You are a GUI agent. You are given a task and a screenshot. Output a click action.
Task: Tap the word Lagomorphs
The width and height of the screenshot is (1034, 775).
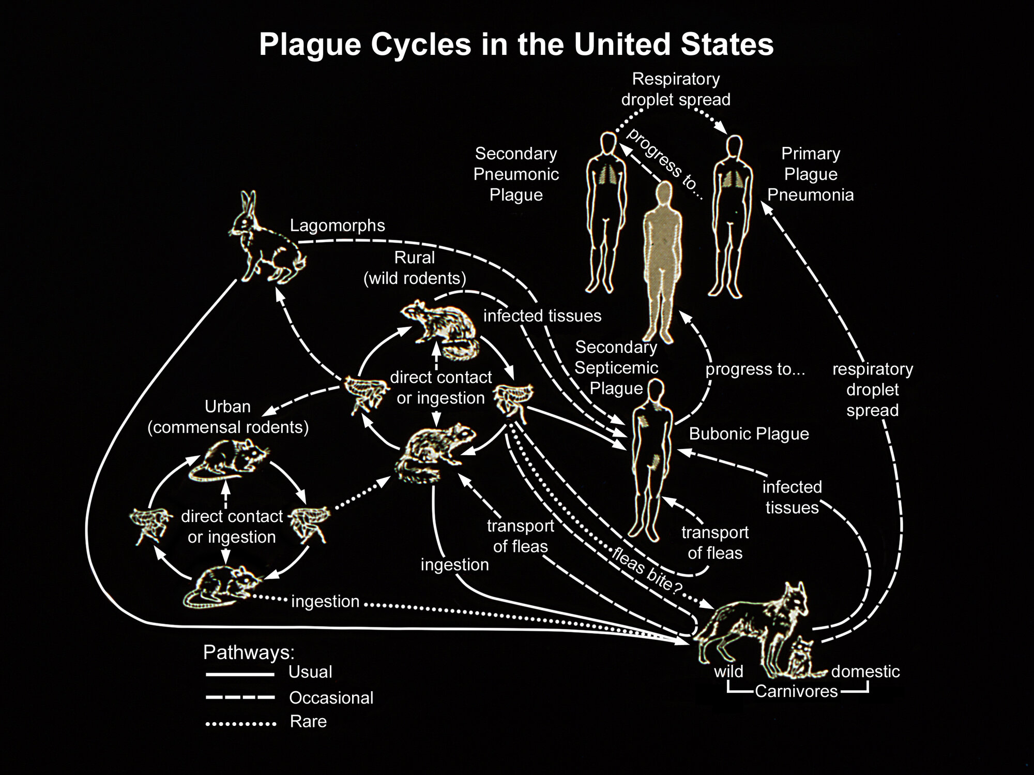pos(337,226)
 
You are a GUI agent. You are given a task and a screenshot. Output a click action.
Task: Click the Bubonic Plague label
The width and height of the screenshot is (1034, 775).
pos(749,434)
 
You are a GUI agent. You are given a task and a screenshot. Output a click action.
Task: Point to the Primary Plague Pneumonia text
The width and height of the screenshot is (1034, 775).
pos(810,174)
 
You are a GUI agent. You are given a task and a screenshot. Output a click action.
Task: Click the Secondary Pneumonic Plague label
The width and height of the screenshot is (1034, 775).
pos(516,174)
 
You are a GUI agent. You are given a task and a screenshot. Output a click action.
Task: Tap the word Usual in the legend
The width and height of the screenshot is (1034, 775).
pos(310,672)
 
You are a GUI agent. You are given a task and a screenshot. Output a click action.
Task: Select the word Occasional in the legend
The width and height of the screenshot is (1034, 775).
pos(331,698)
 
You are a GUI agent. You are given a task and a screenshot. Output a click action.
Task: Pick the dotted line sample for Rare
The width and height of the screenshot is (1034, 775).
pos(240,723)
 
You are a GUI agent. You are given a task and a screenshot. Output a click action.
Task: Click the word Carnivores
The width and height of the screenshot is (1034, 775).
pos(796,691)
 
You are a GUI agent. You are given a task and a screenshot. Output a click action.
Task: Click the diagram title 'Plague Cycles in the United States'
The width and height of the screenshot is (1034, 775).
pos(516,44)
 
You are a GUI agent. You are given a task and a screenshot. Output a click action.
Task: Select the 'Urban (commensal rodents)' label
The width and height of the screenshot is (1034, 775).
pos(228,417)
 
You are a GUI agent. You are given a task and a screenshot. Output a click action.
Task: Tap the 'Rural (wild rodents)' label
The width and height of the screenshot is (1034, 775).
pos(415,268)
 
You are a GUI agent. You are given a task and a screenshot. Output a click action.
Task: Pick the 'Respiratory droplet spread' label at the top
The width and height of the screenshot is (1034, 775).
pos(676,89)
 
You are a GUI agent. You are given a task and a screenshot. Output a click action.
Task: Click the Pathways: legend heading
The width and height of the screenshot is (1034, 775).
pos(249,652)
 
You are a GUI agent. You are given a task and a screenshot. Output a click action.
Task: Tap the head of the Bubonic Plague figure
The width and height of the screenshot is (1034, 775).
pos(656,390)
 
